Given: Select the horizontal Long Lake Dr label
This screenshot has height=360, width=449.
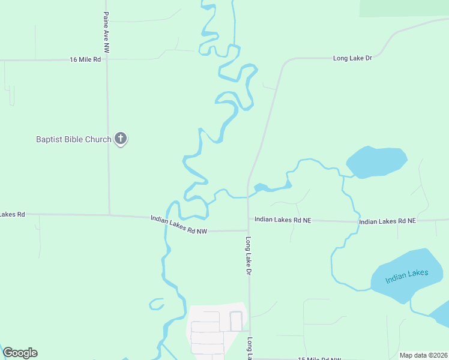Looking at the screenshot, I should [352, 58].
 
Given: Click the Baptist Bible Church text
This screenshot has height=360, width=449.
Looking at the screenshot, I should [73, 140].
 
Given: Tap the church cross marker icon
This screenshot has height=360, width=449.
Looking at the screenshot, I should [121, 139].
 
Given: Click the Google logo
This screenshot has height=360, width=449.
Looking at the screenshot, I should [20, 353].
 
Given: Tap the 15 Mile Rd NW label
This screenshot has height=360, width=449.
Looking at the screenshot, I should [319, 359].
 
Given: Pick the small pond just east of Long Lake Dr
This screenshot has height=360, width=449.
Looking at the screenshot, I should [261, 188].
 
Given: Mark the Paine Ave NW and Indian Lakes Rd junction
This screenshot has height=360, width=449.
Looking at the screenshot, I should [109, 214].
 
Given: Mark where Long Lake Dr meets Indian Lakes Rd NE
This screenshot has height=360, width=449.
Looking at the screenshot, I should [249, 220].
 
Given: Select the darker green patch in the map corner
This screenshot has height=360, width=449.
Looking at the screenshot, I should [403, 7].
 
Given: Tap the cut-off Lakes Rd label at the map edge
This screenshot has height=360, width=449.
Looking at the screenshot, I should [12, 214].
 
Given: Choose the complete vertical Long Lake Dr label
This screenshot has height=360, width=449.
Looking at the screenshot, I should [249, 255].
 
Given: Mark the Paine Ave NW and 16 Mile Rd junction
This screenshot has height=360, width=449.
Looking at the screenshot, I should [107, 59].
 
